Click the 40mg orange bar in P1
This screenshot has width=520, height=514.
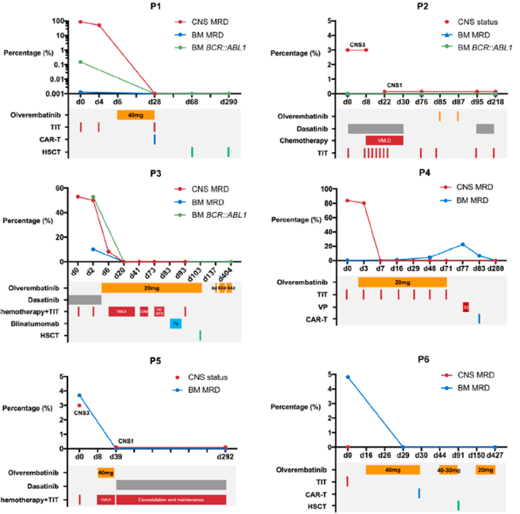tap(136, 115)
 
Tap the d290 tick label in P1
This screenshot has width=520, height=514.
tap(228, 102)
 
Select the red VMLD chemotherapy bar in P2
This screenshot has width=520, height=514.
tap(384, 140)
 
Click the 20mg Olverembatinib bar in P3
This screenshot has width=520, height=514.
tap(151, 287)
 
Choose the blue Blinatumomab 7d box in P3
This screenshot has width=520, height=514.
tap(175, 323)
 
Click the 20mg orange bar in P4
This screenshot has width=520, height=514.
tap(402, 282)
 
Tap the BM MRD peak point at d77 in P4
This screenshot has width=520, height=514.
tap(463, 244)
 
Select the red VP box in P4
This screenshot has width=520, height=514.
tap(466, 306)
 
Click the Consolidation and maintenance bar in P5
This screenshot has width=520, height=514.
tap(170, 500)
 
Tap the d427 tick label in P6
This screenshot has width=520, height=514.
tap(495, 457)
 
